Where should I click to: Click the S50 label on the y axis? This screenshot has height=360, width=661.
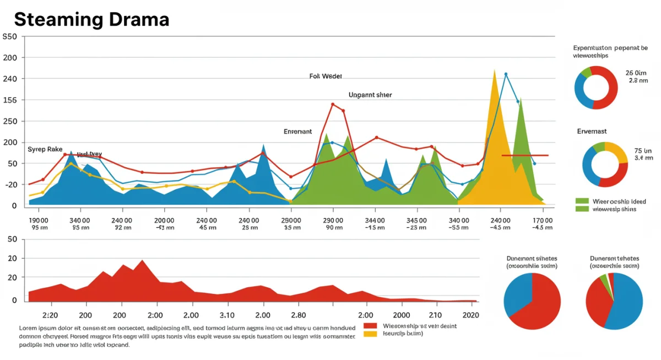pyautogui.click(x=10, y=37)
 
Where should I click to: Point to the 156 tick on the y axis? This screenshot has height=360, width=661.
pyautogui.click(x=10, y=100)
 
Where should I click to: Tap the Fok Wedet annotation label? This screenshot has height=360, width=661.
pyautogui.click(x=326, y=77)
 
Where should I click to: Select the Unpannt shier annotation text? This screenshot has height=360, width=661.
pyautogui.click(x=370, y=95)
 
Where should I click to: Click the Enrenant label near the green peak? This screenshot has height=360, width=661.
pyautogui.click(x=297, y=132)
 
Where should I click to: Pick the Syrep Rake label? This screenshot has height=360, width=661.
pyautogui.click(x=45, y=149)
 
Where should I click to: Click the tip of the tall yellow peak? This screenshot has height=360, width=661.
pyautogui.click(x=495, y=70)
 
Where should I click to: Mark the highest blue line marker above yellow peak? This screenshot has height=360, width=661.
pyautogui.click(x=506, y=74)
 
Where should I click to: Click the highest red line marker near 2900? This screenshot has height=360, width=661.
pyautogui.click(x=333, y=104)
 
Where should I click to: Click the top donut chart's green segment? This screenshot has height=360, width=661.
pyautogui.click(x=586, y=72)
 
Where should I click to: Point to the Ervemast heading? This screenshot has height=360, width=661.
pyautogui.click(x=592, y=132)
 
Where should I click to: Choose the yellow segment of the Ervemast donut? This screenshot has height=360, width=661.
pyautogui.click(x=618, y=152)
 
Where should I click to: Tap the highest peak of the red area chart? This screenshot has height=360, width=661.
pyautogui.click(x=142, y=260)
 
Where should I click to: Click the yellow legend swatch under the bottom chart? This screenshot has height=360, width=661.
pyautogui.click(x=370, y=334)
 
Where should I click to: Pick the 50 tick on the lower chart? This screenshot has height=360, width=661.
pyautogui.click(x=12, y=239)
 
